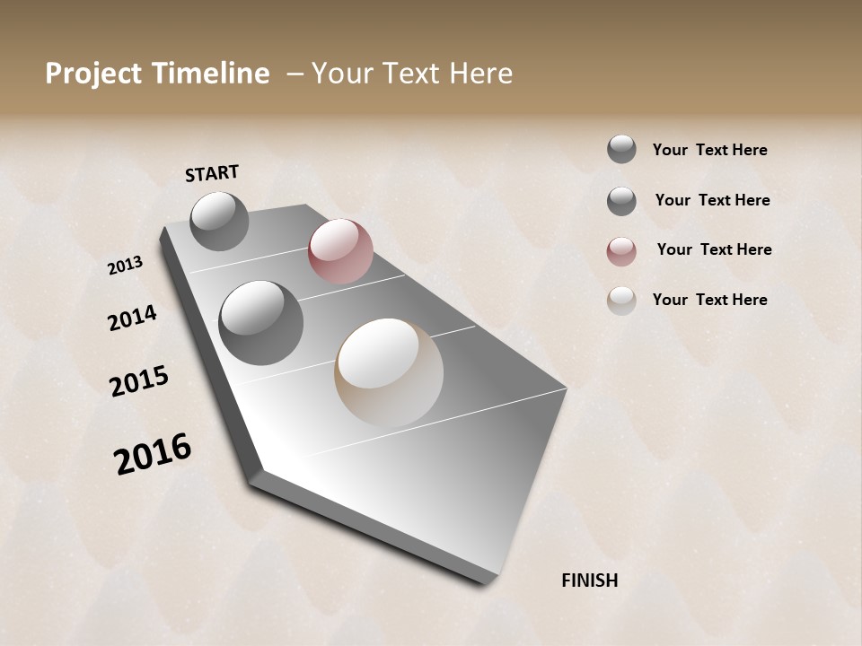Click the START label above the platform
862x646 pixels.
point(212,173)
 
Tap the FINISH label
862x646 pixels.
point(589,581)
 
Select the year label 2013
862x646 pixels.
point(126,266)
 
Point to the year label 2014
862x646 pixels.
point(132,318)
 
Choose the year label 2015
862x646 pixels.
point(139,381)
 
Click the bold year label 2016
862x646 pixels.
point(153,453)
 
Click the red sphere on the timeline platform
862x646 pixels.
point(340,251)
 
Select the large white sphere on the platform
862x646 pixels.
point(389,372)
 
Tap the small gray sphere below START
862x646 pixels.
point(220,221)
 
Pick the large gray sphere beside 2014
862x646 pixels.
point(261,323)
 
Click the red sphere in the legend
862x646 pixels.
point(621,251)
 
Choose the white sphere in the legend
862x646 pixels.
point(621,301)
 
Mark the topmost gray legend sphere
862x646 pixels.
point(621,149)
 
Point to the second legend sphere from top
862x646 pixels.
point(621,201)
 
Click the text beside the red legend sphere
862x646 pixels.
point(714,249)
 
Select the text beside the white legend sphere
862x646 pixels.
point(709,300)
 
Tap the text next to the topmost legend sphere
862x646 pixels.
point(709,150)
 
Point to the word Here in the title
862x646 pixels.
point(480,74)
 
